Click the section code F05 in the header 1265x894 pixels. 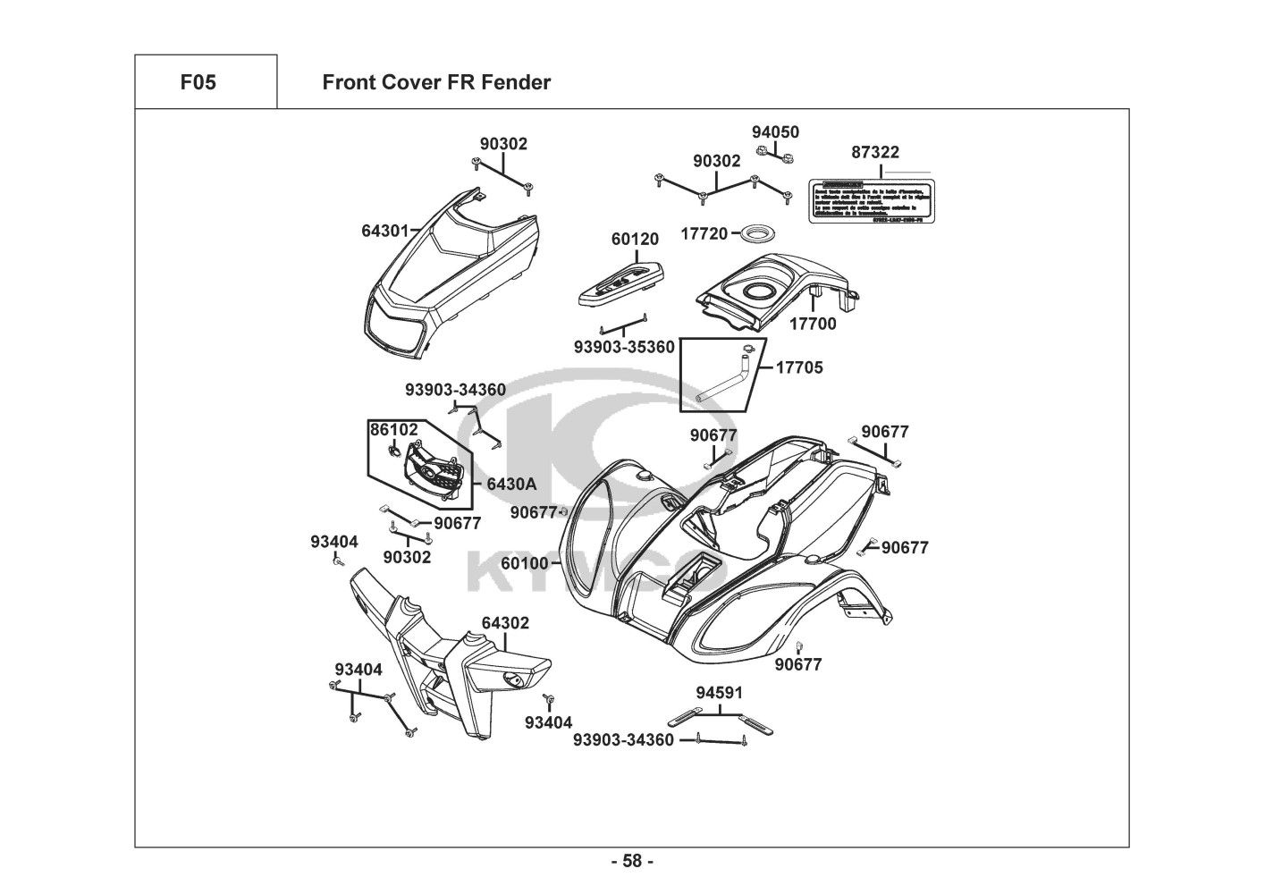click(x=198, y=83)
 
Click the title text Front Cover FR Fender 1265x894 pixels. click(x=436, y=83)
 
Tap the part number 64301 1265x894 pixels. click(x=384, y=231)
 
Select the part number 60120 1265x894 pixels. click(x=635, y=240)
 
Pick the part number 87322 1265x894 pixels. click(x=875, y=153)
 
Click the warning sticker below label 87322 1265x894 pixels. click(x=871, y=200)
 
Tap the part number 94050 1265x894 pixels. click(x=775, y=132)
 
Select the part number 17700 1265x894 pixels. click(x=813, y=324)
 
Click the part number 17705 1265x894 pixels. click(x=799, y=367)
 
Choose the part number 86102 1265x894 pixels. click(x=394, y=430)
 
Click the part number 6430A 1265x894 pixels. click(x=511, y=484)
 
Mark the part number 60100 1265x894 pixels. click(x=525, y=563)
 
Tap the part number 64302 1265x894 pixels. click(x=505, y=623)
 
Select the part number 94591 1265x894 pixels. click(x=720, y=693)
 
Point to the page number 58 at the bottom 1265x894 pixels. click(x=632, y=862)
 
